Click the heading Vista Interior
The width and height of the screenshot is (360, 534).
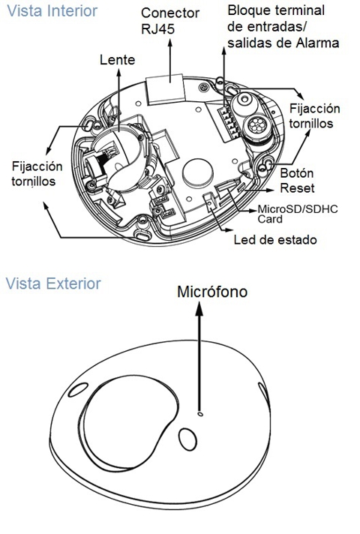(52, 11)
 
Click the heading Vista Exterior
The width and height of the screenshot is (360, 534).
(53, 283)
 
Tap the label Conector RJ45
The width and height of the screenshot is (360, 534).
(170, 21)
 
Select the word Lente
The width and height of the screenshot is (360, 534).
(118, 60)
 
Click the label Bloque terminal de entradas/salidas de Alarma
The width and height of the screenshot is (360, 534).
(283, 27)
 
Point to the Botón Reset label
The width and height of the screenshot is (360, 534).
(297, 181)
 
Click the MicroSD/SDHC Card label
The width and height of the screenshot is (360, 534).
(298, 214)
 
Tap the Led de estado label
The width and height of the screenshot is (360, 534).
(275, 240)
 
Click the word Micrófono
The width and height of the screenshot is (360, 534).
(212, 292)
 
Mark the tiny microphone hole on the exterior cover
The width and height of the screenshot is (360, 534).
(200, 414)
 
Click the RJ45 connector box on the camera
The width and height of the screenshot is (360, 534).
(166, 88)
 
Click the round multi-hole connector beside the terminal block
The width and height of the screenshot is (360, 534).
(256, 126)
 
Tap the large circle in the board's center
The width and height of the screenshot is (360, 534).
(198, 171)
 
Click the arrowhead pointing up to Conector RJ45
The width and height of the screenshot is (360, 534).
(170, 43)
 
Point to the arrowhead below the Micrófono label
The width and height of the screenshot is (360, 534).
(200, 308)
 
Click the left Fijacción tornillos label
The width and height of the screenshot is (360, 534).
(37, 174)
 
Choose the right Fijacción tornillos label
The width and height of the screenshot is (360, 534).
(314, 115)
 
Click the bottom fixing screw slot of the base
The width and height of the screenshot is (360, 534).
(141, 235)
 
